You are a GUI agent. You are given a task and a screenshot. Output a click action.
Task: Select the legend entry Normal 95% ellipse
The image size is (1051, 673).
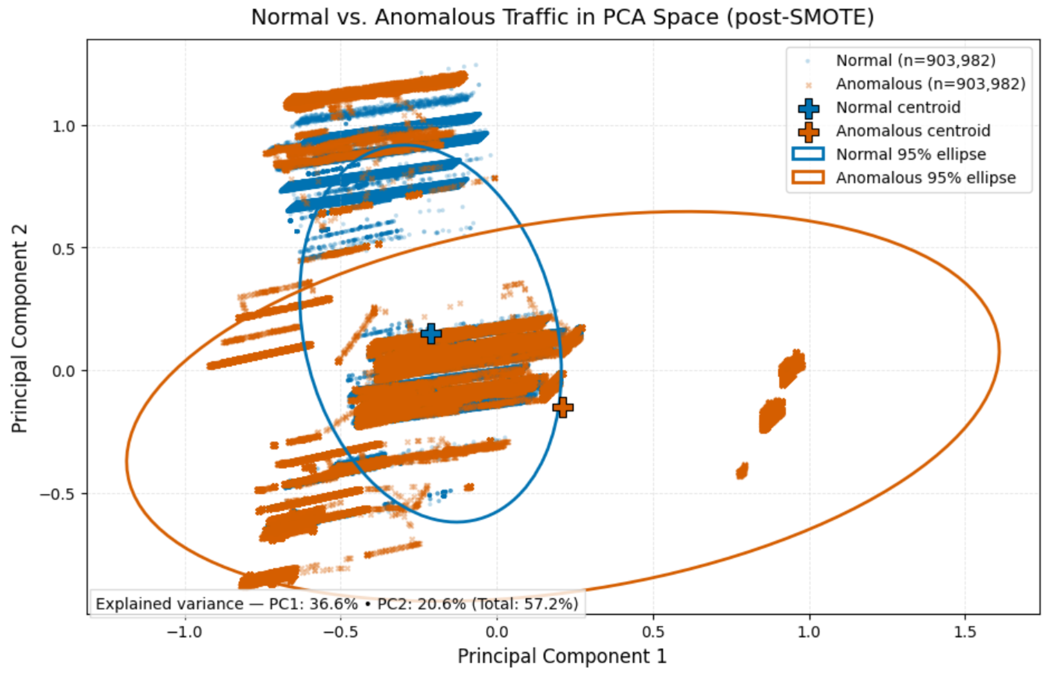pos(910,154)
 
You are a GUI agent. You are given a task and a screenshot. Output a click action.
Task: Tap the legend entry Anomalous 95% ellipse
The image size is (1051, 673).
pos(925,178)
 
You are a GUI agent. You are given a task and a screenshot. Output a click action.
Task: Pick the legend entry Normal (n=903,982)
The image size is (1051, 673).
pos(915,61)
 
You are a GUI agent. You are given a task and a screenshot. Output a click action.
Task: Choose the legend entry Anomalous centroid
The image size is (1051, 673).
pos(913,131)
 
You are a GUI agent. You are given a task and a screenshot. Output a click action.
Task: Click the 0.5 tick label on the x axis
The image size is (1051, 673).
pos(653,632)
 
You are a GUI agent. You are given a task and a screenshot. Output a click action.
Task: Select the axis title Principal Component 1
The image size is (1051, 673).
pos(562,656)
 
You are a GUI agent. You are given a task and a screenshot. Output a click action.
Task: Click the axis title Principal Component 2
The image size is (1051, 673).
pos(19,329)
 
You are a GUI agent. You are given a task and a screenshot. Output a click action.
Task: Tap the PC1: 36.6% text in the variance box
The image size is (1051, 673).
pos(313,604)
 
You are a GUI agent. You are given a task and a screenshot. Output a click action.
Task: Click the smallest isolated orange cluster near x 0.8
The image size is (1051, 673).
pos(742,471)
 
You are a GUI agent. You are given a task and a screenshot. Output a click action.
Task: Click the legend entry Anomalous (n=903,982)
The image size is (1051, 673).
pos(930,84)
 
